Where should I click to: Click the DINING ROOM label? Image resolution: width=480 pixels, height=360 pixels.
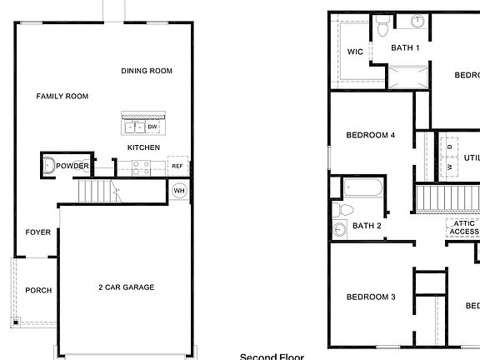[147, 71]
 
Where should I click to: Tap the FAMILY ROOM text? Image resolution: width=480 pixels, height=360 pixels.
[62, 97]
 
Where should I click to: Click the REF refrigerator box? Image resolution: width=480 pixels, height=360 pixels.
[177, 166]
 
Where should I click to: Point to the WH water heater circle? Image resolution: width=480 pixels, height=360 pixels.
[178, 191]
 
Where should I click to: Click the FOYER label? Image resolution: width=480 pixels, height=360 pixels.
[38, 232]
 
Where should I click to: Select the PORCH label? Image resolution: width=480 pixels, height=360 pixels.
[38, 291]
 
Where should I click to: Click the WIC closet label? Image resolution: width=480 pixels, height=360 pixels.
[354, 52]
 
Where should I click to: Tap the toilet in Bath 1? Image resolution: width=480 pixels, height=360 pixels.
[381, 28]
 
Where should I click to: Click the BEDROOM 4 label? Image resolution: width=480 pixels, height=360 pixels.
[370, 135]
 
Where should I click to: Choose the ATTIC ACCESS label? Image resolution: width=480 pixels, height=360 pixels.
[464, 227]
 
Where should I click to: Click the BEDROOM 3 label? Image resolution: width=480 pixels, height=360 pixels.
[370, 297]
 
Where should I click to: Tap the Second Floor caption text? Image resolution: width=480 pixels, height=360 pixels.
[272, 357]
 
